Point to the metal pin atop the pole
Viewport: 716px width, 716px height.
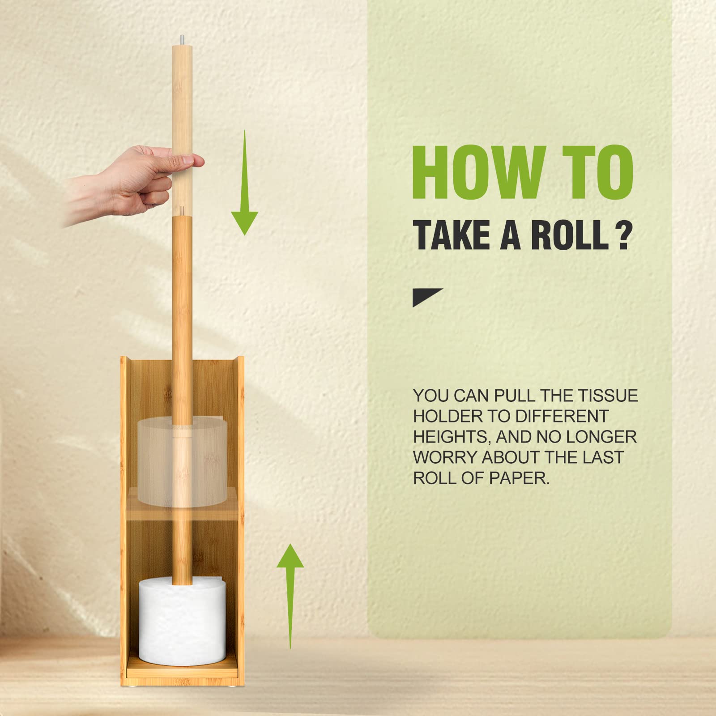182,40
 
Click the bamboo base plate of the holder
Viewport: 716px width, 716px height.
181,668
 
